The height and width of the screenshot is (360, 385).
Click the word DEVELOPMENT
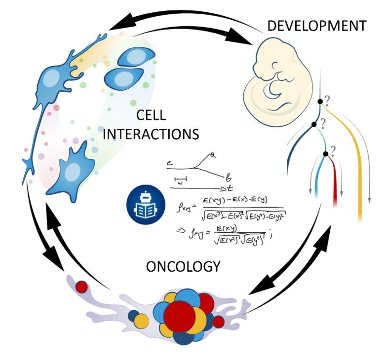(316, 25)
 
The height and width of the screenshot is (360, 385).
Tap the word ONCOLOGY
(183, 267)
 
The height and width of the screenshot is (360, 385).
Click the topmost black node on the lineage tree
(320, 102)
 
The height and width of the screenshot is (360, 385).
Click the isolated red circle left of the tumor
(82, 286)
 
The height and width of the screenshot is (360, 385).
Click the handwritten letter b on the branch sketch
(228, 176)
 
